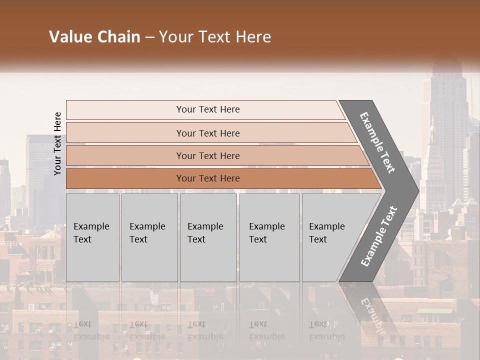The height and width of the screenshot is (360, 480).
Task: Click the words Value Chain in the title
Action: pyautogui.click(x=94, y=37)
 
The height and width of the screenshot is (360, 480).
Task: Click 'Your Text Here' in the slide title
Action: pyautogui.click(x=215, y=37)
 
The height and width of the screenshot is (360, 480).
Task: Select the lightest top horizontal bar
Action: pyautogui.click(x=205, y=109)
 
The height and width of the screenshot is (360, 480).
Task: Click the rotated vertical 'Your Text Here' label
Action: pyautogui.click(x=57, y=143)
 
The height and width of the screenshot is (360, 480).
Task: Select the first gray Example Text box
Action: pyautogui.click(x=92, y=237)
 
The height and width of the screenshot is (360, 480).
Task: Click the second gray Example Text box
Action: pyautogui.click(x=149, y=237)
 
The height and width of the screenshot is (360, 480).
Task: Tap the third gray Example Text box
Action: pyautogui.click(x=208, y=237)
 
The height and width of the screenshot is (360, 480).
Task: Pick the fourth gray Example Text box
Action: pyautogui.click(x=269, y=237)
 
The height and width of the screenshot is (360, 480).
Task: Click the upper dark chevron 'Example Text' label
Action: pyautogui.click(x=377, y=142)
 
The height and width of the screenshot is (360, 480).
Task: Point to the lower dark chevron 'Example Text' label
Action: pyautogui.click(x=379, y=236)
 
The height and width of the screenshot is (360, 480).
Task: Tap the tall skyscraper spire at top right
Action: pyautogui.click(x=443, y=75)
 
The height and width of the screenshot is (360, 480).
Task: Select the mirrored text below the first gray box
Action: pyautogui.click(x=91, y=330)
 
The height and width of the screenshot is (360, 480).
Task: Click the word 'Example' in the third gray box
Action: pyautogui.click(x=205, y=226)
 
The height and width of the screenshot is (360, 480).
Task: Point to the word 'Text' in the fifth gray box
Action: pyautogui.click(x=318, y=239)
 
